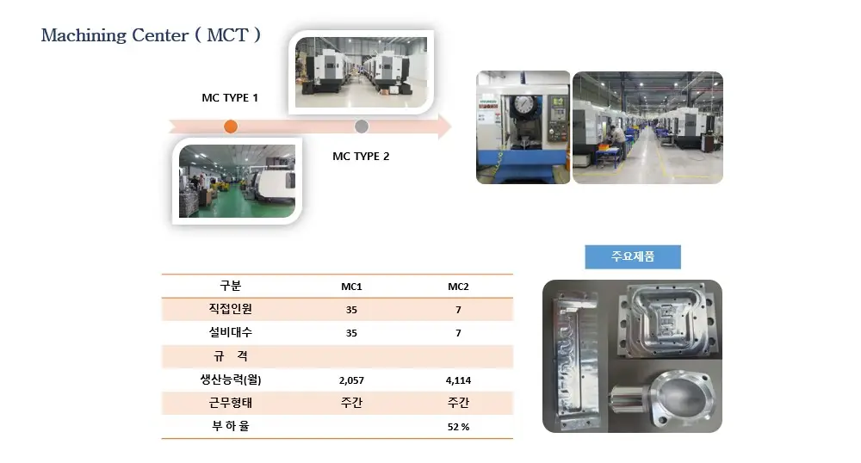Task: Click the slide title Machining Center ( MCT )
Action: click(151, 35)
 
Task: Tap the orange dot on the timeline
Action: click(231, 127)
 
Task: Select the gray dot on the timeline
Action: click(362, 127)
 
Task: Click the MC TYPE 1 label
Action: click(230, 97)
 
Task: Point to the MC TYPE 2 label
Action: click(361, 157)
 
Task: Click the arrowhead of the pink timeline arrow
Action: click(445, 127)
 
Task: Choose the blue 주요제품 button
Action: click(633, 256)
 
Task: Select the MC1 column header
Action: click(351, 287)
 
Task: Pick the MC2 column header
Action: click(459, 287)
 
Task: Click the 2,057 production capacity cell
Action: click(351, 380)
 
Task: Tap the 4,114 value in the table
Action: click(459, 380)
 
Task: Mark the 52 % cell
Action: click(459, 427)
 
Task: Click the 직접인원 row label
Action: click(231, 309)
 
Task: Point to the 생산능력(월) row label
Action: click(231, 379)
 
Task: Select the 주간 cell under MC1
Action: click(351, 403)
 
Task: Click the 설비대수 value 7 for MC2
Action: click(459, 333)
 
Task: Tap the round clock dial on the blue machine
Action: click(523, 104)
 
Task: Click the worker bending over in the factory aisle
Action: click(616, 140)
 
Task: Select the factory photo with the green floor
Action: click(238, 181)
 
